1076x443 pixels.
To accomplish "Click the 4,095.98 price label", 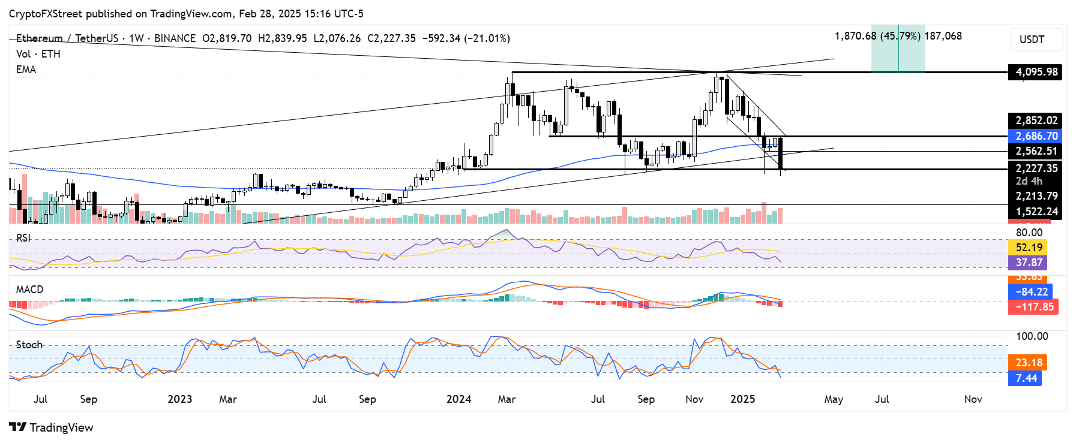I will tap(1036, 72).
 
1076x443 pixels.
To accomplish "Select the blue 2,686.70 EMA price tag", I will tap(1036, 136).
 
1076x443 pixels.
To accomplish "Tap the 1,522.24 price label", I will tap(1036, 212).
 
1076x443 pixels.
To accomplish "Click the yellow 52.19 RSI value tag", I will tap(1028, 248).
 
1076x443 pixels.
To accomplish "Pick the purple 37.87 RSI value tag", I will tap(1028, 263).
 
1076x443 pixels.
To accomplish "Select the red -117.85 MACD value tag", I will tap(1033, 307).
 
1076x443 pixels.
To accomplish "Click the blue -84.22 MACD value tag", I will tap(1030, 292).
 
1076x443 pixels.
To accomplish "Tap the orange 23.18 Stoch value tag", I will tap(1028, 363).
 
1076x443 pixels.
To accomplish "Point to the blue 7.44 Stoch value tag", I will tap(1025, 378).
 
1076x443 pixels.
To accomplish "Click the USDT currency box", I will tap(1036, 40).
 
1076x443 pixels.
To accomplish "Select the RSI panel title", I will tap(23, 238).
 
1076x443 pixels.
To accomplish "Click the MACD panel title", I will tap(29, 290).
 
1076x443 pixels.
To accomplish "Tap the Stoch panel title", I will tap(29, 345).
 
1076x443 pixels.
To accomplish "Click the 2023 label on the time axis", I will tap(179, 399).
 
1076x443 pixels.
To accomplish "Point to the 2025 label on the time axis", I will tap(742, 399).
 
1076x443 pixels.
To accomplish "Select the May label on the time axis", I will tap(834, 399).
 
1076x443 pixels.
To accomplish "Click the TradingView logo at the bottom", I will tap(52, 427).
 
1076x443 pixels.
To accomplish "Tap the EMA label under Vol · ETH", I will tap(26, 70).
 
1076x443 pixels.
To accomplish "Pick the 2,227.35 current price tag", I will tap(1036, 168).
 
